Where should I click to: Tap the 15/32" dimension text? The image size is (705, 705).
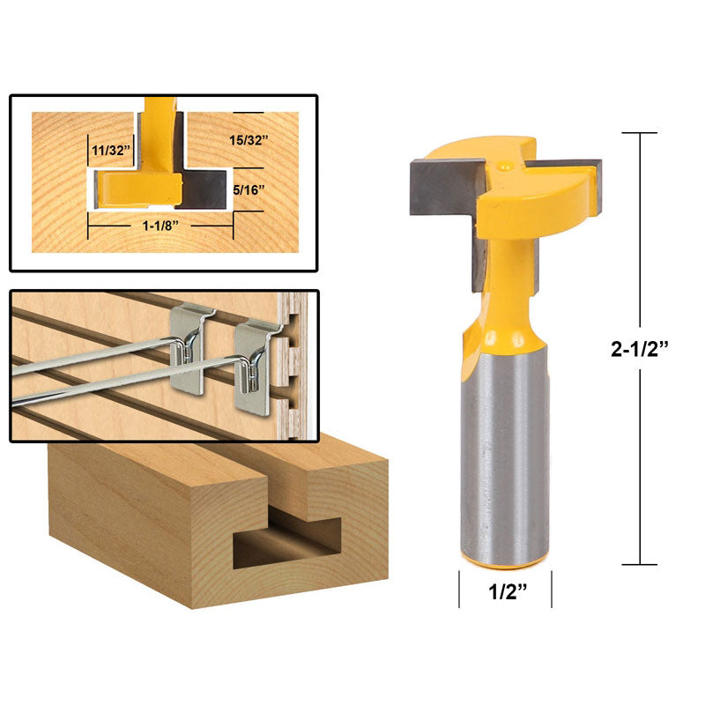(x=249, y=140)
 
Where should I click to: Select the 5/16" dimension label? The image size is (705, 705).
(x=249, y=189)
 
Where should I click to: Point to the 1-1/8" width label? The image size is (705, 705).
(x=161, y=226)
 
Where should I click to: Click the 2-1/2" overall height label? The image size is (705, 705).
(x=640, y=348)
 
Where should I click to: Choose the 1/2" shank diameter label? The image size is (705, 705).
(x=508, y=591)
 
